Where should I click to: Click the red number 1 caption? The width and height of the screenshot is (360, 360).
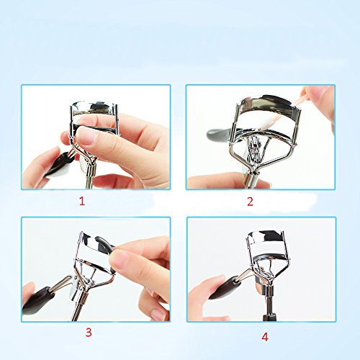81,202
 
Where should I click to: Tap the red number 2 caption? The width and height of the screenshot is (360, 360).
250,202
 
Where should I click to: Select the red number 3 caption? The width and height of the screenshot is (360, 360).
88,332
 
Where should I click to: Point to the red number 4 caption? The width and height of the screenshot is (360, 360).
265,336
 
